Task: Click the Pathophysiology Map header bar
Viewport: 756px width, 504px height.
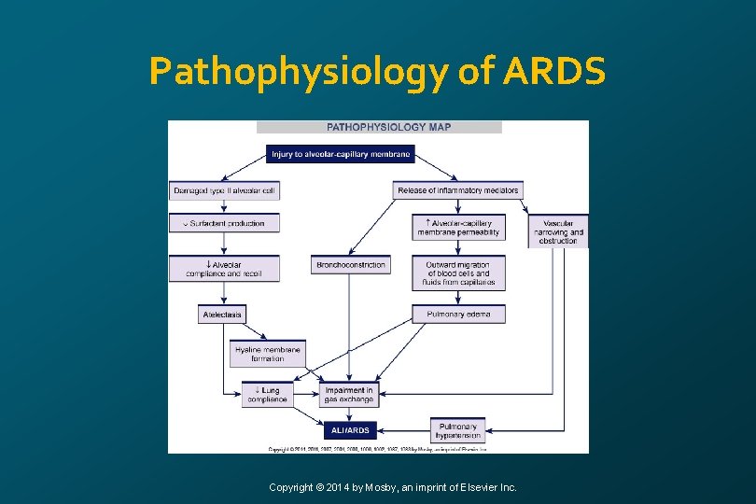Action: (379, 127)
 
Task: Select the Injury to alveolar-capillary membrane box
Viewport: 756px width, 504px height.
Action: (340, 154)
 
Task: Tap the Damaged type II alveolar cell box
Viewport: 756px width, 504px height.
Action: (225, 190)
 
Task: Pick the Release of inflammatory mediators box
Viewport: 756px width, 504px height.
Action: (457, 190)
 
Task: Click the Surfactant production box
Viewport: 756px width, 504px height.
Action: (225, 223)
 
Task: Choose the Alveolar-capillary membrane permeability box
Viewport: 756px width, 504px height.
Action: (457, 227)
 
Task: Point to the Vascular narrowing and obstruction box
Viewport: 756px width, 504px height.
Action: (558, 231)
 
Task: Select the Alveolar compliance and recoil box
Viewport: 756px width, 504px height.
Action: (225, 269)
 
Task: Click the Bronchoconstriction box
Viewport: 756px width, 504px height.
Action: (350, 265)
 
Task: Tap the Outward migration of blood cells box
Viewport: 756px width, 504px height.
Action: (457, 273)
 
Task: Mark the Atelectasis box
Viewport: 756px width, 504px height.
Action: (222, 315)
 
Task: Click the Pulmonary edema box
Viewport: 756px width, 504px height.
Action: (457, 315)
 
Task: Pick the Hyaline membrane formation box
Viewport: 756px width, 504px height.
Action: (268, 353)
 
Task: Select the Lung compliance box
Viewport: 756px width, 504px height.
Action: (267, 395)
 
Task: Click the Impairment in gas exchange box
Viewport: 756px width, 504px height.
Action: (349, 395)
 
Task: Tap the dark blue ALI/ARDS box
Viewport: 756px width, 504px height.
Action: (349, 430)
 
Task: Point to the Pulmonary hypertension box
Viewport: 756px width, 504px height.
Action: (457, 429)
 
